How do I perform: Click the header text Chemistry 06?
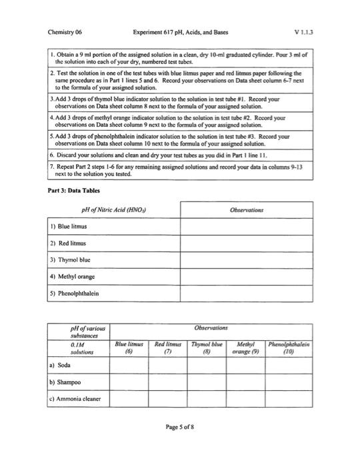click(x=65, y=31)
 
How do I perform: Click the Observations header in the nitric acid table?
click(x=246, y=210)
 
